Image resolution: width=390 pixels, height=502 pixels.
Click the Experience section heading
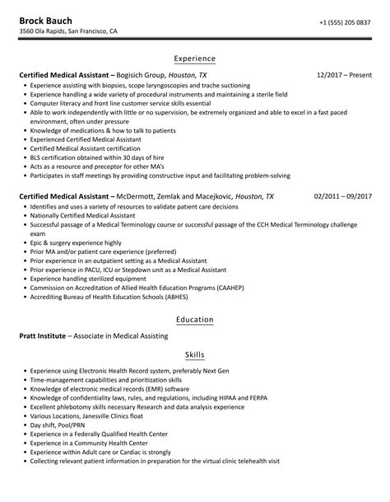click(x=194, y=59)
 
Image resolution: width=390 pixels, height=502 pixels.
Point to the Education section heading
click(x=194, y=319)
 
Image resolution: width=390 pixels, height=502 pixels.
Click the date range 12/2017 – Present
click(x=344, y=74)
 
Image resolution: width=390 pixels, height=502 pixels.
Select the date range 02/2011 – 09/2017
click(x=343, y=196)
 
